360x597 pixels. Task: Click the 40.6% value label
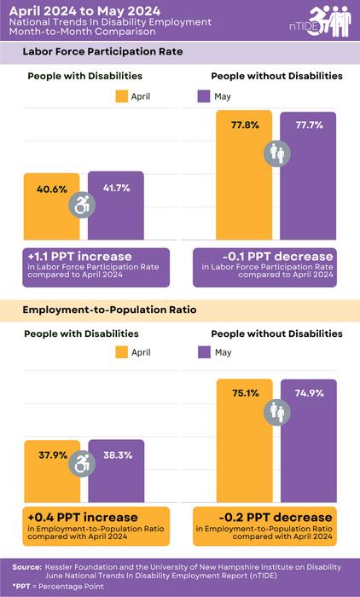pos(52,189)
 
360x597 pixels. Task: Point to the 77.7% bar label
pos(308,125)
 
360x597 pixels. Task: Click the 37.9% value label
pos(52,455)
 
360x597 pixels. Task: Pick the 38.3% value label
pos(116,455)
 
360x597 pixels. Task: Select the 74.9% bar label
pos(308,393)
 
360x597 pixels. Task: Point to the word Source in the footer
pos(27,566)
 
